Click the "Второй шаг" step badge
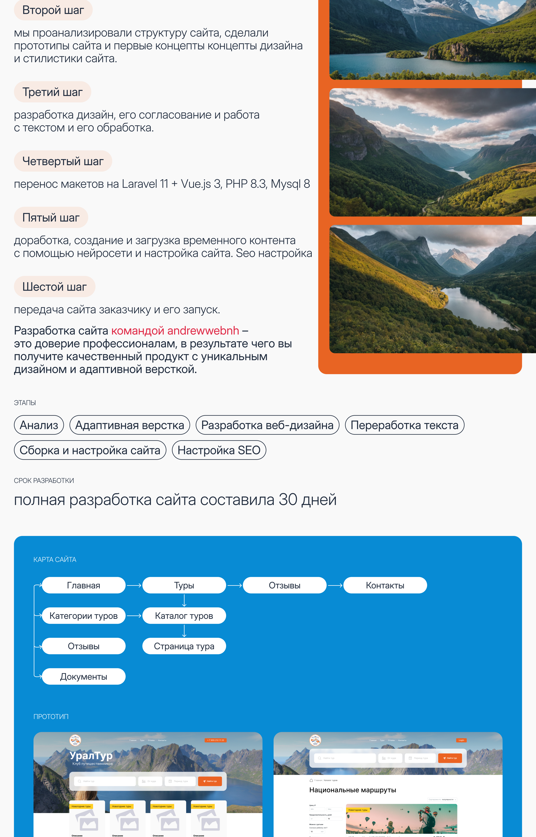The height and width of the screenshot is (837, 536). click(x=53, y=10)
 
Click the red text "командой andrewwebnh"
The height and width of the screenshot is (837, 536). click(x=175, y=331)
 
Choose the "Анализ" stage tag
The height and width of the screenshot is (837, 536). click(x=39, y=425)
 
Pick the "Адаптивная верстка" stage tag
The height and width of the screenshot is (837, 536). click(x=129, y=425)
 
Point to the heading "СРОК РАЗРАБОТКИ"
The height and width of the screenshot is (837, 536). click(x=44, y=481)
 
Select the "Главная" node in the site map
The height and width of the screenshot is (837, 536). click(x=84, y=585)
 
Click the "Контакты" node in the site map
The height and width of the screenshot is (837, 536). click(x=385, y=585)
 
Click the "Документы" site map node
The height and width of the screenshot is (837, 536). click(x=84, y=677)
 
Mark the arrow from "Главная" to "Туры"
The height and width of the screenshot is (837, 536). click(x=134, y=586)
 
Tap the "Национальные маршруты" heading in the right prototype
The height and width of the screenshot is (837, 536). click(x=353, y=790)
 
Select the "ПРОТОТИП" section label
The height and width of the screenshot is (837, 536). click(x=51, y=717)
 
